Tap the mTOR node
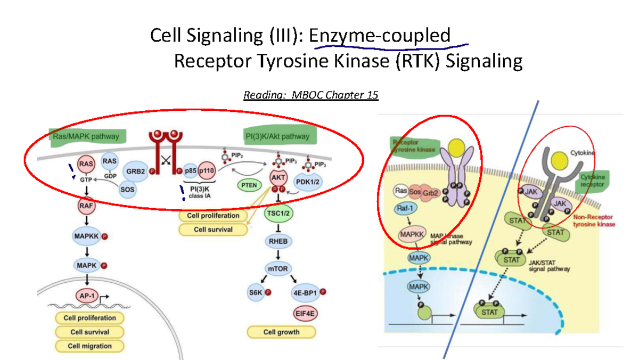277,269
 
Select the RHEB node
277,241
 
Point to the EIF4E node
304,314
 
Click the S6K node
257,292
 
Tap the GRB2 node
134,172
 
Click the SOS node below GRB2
127,189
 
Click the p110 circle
207,171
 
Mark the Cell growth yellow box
282,332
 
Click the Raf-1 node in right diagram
405,209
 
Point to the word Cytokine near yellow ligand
584,152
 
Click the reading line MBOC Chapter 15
311,95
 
